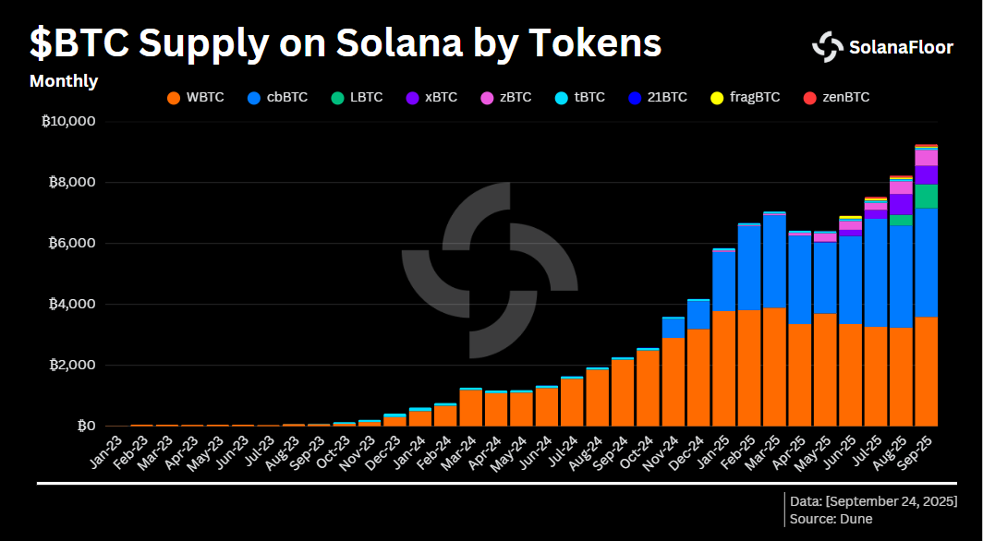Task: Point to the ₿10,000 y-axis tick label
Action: click(x=69, y=121)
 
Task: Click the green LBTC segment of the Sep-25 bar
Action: click(x=927, y=196)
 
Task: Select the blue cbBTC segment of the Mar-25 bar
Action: click(x=774, y=261)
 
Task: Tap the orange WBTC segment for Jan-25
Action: click(x=723, y=369)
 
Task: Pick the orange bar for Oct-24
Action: click(x=648, y=388)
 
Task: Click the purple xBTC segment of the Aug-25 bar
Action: click(x=901, y=204)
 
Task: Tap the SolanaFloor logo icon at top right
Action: click(x=827, y=47)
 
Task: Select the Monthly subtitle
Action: click(x=64, y=81)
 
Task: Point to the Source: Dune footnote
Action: click(x=831, y=519)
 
